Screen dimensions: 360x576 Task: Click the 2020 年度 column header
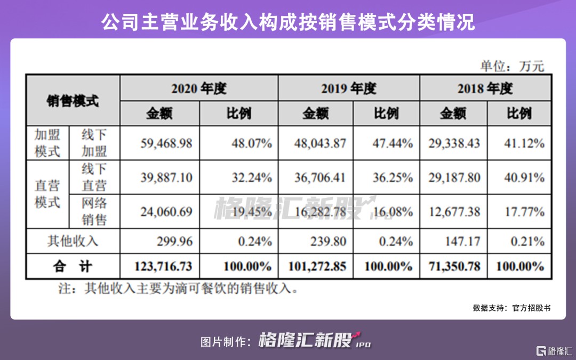coord(199,88)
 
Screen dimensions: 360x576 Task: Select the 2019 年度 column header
coord(349,88)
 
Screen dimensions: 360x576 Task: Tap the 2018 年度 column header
coord(485,88)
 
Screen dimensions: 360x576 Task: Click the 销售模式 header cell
coord(73,101)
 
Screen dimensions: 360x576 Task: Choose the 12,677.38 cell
coord(454,211)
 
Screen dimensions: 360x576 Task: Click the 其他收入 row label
coord(73,241)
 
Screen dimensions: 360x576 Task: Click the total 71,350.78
coord(454,266)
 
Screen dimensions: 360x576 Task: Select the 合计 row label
coord(73,266)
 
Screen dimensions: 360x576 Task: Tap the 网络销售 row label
coord(94,211)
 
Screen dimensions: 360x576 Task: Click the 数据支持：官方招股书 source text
coord(511,308)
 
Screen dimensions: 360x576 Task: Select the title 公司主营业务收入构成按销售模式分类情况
coord(288,23)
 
